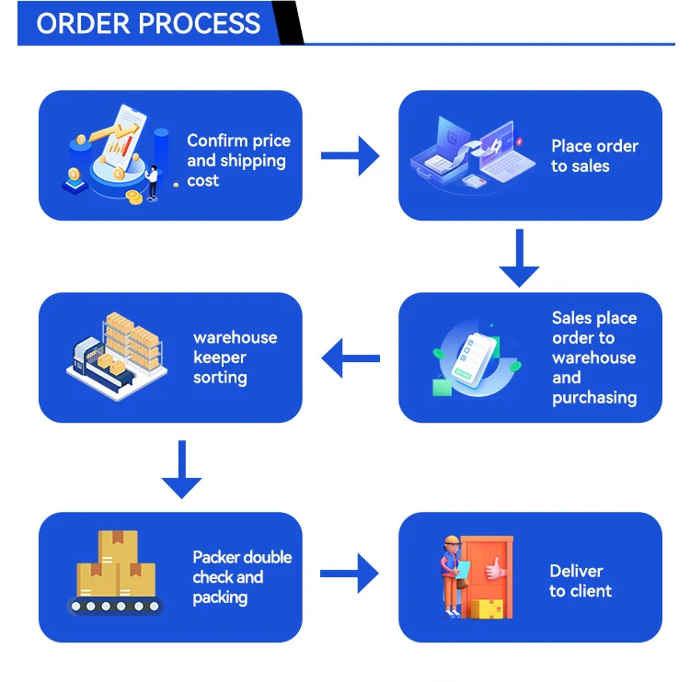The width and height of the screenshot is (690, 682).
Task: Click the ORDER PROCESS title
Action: (148, 23)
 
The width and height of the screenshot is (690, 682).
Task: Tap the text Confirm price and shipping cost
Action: (238, 160)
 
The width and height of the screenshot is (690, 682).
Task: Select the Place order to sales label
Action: (593, 155)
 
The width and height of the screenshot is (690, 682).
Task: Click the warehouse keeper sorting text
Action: (234, 358)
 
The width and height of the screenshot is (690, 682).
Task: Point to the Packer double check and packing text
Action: (241, 577)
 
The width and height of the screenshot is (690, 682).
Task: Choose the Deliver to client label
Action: (580, 581)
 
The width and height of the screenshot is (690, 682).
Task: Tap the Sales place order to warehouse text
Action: (593, 358)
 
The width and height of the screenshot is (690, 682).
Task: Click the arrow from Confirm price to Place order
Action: (350, 155)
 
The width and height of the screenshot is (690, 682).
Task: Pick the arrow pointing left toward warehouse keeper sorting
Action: (350, 358)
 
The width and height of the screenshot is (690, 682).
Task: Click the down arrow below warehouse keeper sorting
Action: (181, 469)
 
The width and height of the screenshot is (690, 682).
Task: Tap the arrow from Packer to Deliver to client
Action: (350, 574)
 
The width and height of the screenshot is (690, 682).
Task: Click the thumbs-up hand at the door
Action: (496, 571)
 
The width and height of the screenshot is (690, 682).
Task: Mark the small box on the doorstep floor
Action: (491, 608)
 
